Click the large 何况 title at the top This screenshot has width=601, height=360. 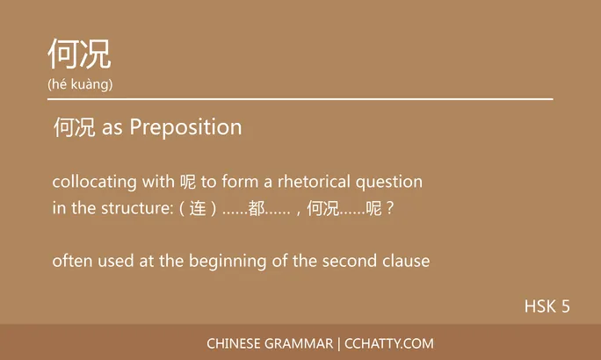point(79,54)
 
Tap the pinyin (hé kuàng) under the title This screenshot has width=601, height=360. point(80,84)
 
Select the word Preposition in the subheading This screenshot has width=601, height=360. point(185,127)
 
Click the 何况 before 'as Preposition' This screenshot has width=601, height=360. point(75,127)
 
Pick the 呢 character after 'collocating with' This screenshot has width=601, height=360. point(186,183)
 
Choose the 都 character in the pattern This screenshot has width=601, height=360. point(257,212)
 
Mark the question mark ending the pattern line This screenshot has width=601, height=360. point(390,212)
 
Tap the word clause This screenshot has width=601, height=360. point(406,261)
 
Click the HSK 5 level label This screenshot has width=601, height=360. point(547,306)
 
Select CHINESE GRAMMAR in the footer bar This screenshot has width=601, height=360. point(270,343)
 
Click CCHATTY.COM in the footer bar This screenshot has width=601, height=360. point(388,343)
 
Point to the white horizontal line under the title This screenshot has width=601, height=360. point(300,99)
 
